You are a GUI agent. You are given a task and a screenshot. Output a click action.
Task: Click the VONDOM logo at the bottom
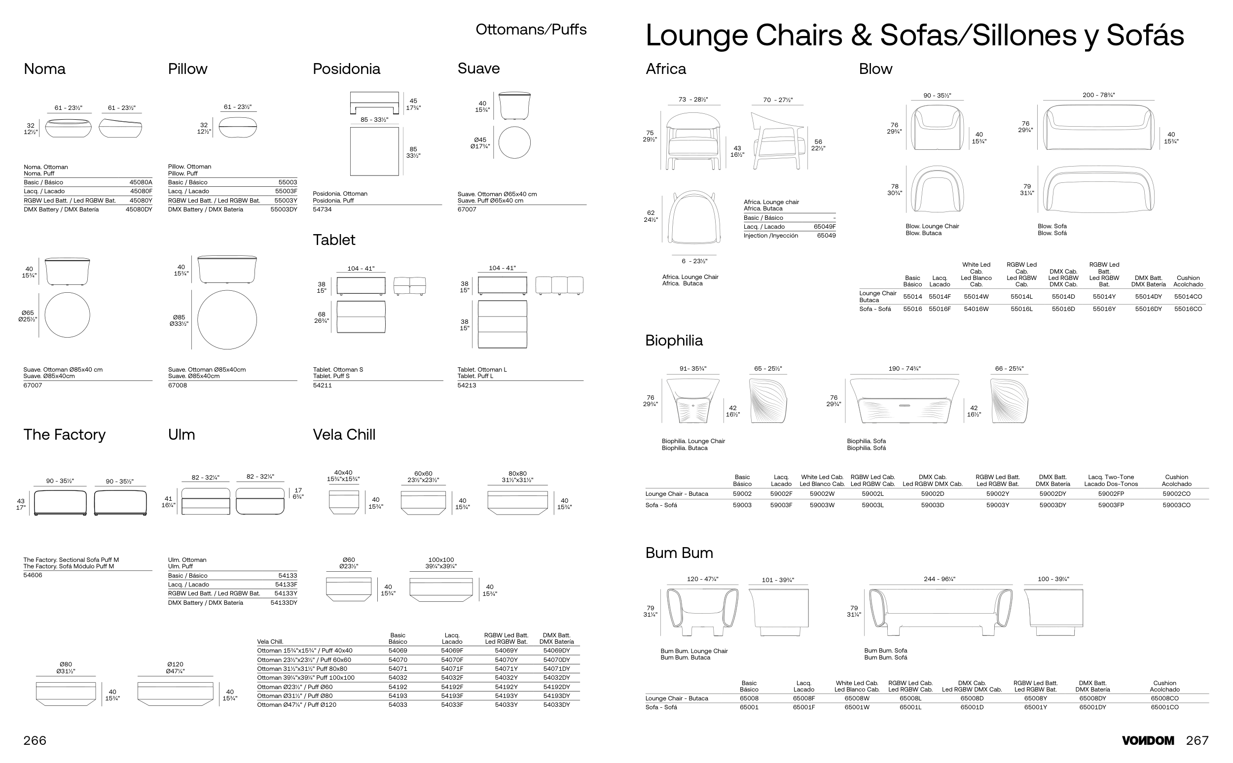pyautogui.click(x=1148, y=740)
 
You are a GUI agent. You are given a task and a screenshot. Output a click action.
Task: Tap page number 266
pyautogui.click(x=35, y=740)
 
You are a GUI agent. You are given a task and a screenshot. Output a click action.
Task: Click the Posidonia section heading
pyautogui.click(x=346, y=69)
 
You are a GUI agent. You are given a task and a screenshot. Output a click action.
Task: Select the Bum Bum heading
pyautogui.click(x=679, y=553)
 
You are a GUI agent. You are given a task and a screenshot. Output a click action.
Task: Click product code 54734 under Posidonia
pyautogui.click(x=322, y=209)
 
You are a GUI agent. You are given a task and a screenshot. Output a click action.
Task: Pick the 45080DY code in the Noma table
pyautogui.click(x=139, y=209)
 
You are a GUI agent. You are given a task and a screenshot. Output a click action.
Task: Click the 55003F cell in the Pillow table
pyautogui.click(x=286, y=191)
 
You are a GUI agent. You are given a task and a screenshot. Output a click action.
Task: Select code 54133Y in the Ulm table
pyautogui.click(x=286, y=593)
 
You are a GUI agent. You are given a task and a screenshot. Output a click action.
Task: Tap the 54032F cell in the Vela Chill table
pyautogui.click(x=452, y=678)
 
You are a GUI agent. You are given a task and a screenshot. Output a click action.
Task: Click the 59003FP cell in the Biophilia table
pyautogui.click(x=1111, y=505)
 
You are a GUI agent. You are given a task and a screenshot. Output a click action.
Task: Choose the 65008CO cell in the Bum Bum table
pyautogui.click(x=1164, y=698)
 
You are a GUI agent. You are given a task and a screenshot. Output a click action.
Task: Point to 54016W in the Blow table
pyautogui.click(x=976, y=309)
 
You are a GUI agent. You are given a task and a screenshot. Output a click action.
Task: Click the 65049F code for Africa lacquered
pyautogui.click(x=825, y=227)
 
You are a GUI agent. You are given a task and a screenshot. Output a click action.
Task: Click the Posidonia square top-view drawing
pyautogui.click(x=374, y=151)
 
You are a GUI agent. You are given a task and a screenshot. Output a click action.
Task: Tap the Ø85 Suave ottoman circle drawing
pyautogui.click(x=227, y=319)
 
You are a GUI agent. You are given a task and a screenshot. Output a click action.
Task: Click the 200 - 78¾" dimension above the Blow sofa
pyautogui.click(x=1098, y=95)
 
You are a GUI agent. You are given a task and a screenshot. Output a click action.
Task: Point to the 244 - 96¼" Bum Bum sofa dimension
pyautogui.click(x=939, y=579)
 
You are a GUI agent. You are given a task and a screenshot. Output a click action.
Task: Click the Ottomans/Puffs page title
pyautogui.click(x=531, y=30)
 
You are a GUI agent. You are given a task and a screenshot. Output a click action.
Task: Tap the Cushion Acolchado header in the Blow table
pyautogui.click(x=1188, y=281)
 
